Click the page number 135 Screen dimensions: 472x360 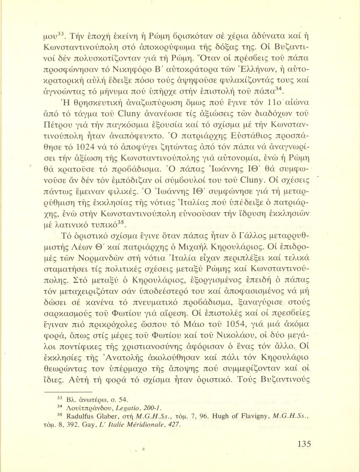click(x=304, y=444)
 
